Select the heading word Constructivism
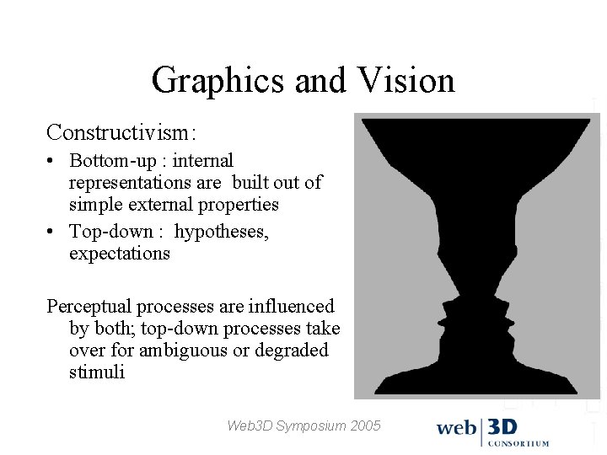coord(121,132)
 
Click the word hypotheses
coord(222,231)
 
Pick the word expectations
coord(119,253)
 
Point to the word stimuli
coord(96,372)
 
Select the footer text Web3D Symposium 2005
coord(303,426)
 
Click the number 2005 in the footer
coord(365,426)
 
